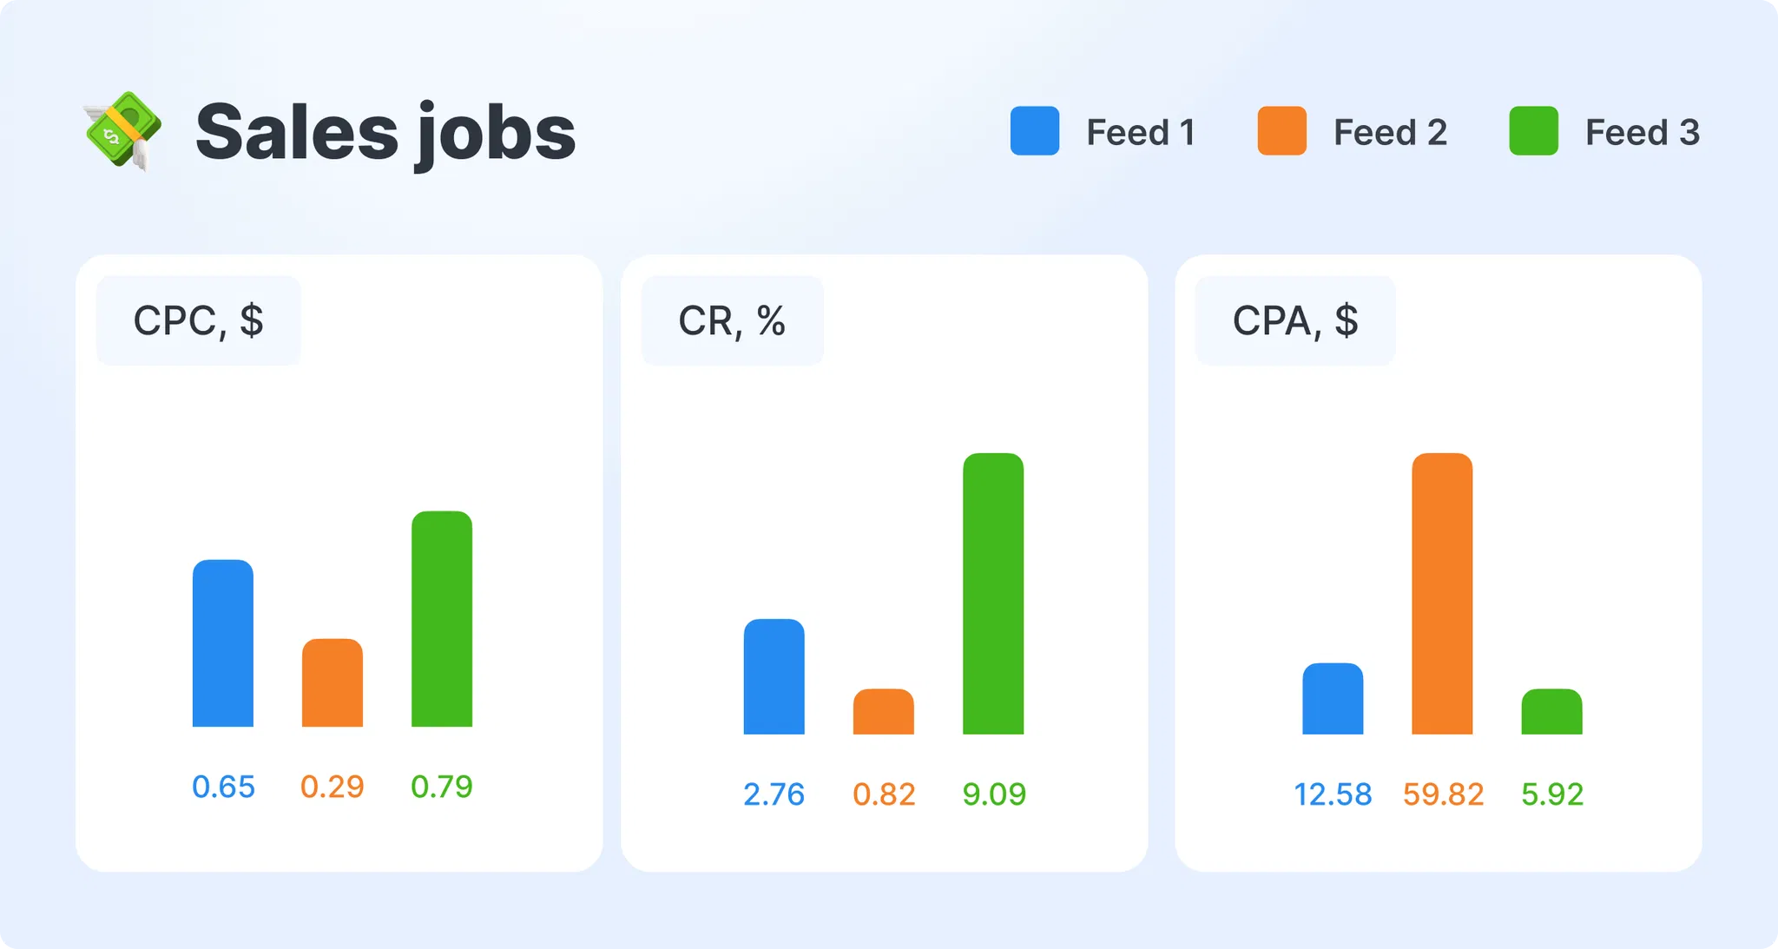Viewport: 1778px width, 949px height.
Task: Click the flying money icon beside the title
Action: (x=122, y=130)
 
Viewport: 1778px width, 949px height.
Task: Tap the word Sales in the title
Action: (x=296, y=133)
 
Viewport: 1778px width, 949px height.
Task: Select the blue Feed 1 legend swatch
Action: (x=1034, y=131)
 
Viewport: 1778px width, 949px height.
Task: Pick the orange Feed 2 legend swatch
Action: (x=1281, y=131)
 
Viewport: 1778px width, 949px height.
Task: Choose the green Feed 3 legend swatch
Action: (x=1533, y=131)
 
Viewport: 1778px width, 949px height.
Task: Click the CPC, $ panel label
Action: (x=198, y=320)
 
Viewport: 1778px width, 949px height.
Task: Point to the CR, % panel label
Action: (x=732, y=320)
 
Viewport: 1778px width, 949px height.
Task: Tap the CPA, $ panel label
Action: (x=1294, y=320)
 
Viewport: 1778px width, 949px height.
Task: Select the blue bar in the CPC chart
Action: (x=223, y=643)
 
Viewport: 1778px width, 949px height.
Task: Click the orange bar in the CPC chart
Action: (x=333, y=683)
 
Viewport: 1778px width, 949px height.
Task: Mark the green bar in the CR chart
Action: (x=993, y=594)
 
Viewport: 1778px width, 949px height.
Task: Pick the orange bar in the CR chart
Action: (x=884, y=712)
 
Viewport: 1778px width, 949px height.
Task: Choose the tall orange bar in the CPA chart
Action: (x=1442, y=594)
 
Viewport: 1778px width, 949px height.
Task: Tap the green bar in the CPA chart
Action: (x=1551, y=712)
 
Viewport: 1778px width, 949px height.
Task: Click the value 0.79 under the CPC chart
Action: (x=441, y=787)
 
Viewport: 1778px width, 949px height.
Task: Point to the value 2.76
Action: (x=774, y=794)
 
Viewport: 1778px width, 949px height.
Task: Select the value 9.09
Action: (x=994, y=794)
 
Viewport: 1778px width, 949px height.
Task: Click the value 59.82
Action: (x=1443, y=794)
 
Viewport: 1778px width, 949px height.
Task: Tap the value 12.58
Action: (x=1333, y=794)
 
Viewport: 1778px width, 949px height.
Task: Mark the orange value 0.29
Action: (x=332, y=787)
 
